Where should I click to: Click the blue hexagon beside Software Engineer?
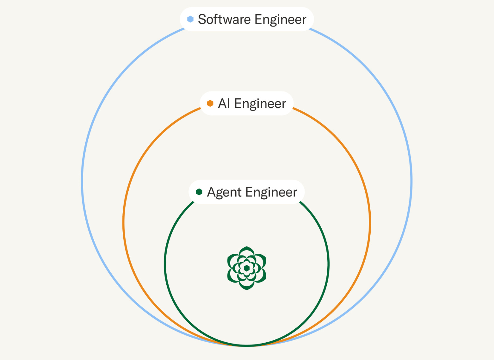point(190,19)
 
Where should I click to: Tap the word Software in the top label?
point(224,19)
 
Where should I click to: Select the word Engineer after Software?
point(281,20)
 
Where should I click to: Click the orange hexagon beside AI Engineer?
point(210,103)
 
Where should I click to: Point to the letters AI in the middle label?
point(224,103)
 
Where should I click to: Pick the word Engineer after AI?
point(260,104)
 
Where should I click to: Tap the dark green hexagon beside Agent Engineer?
point(199,192)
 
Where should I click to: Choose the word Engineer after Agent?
point(271,192)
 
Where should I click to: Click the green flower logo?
point(247,268)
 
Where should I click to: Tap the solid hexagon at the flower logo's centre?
point(247,268)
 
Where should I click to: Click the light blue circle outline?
point(82,181)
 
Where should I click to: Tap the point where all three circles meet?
point(247,345)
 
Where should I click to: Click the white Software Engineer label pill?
point(247,13)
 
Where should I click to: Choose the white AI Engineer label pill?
point(247,96)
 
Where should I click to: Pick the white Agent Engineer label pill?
point(247,185)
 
